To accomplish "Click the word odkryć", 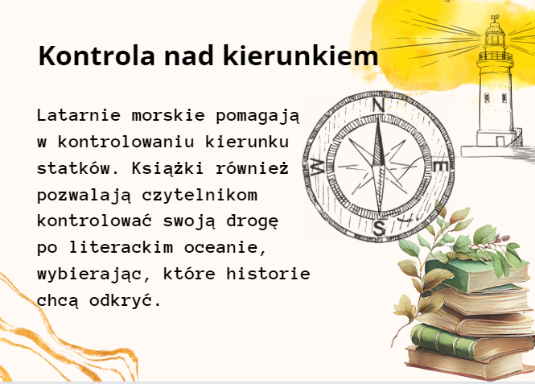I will (x=125, y=300).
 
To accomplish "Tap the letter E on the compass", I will (x=440, y=167).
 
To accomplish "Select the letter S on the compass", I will (x=378, y=228).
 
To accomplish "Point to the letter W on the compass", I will (x=319, y=167).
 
